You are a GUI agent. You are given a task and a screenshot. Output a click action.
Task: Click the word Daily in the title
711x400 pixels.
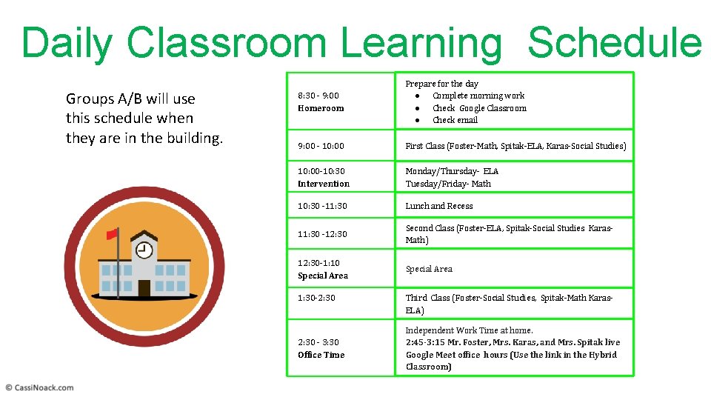67,42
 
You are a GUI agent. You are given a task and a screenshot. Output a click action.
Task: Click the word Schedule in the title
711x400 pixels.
614,42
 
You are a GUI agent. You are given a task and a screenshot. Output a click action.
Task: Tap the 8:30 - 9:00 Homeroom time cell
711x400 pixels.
321,101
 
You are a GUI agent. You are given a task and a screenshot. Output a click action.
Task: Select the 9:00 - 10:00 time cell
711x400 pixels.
321,146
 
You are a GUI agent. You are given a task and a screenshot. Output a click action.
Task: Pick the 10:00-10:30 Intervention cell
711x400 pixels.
324,177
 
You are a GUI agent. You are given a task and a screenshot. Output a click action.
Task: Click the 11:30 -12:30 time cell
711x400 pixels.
322,234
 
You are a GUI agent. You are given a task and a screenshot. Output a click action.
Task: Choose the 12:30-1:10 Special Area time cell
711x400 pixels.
323,269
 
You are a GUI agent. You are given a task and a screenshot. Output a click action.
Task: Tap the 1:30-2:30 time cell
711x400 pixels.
316,298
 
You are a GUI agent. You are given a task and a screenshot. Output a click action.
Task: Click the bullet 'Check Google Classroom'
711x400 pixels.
479,108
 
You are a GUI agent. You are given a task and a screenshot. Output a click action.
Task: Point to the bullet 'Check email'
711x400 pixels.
455,120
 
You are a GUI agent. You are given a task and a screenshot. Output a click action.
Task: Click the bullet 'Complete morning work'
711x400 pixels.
478,96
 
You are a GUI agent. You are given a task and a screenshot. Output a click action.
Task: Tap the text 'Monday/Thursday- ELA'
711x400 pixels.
452,171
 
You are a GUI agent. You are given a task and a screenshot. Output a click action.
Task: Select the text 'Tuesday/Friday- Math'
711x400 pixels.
448,184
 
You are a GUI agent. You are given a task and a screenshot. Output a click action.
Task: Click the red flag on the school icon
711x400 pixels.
112,234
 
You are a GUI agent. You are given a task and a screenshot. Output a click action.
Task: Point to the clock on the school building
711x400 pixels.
144,251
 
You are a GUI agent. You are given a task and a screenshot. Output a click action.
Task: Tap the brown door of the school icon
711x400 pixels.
144,287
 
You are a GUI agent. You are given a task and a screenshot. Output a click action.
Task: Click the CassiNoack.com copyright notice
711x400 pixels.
40,387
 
